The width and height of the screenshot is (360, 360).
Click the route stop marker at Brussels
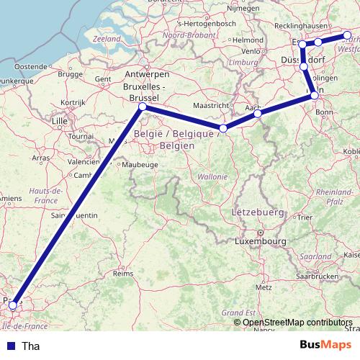click(142, 107)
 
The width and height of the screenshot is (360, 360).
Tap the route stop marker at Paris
click(12, 305)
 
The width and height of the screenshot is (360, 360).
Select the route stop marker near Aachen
click(257, 113)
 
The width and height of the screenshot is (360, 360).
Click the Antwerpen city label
click(147, 75)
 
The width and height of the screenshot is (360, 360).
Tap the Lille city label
click(59, 121)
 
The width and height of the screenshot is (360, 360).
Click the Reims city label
click(124, 274)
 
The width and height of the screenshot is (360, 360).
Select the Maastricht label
click(211, 105)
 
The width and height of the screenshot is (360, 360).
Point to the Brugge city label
click(70, 74)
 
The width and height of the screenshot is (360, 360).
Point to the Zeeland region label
click(107, 37)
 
